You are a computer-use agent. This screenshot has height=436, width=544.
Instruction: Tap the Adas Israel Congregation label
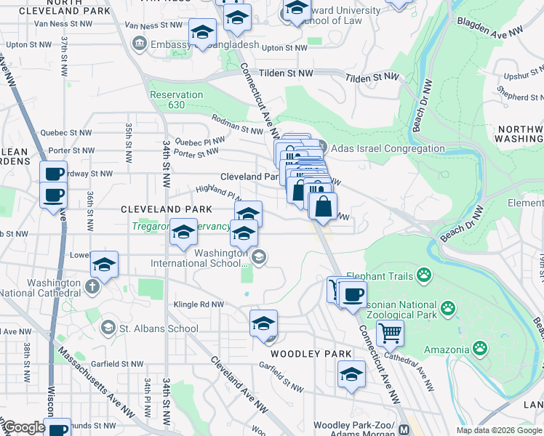click(388, 148)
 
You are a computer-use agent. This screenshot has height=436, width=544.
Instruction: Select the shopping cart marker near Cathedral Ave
click(391, 334)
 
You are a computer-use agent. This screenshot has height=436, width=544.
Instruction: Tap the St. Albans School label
click(159, 328)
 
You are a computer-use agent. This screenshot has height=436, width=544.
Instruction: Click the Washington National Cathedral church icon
click(92, 286)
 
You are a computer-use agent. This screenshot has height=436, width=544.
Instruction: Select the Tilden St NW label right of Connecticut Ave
click(372, 77)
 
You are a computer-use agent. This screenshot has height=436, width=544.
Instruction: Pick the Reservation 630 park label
click(176, 100)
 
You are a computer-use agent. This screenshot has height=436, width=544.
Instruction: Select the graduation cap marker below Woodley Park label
click(351, 375)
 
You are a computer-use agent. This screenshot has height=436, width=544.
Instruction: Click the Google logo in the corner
click(24, 427)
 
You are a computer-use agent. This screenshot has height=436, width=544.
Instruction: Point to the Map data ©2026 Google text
click(497, 430)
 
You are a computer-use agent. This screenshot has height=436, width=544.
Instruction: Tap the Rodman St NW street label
click(236, 124)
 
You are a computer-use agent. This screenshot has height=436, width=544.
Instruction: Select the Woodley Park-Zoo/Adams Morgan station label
click(356, 429)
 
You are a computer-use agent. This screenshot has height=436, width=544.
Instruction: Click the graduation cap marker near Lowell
click(105, 265)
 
